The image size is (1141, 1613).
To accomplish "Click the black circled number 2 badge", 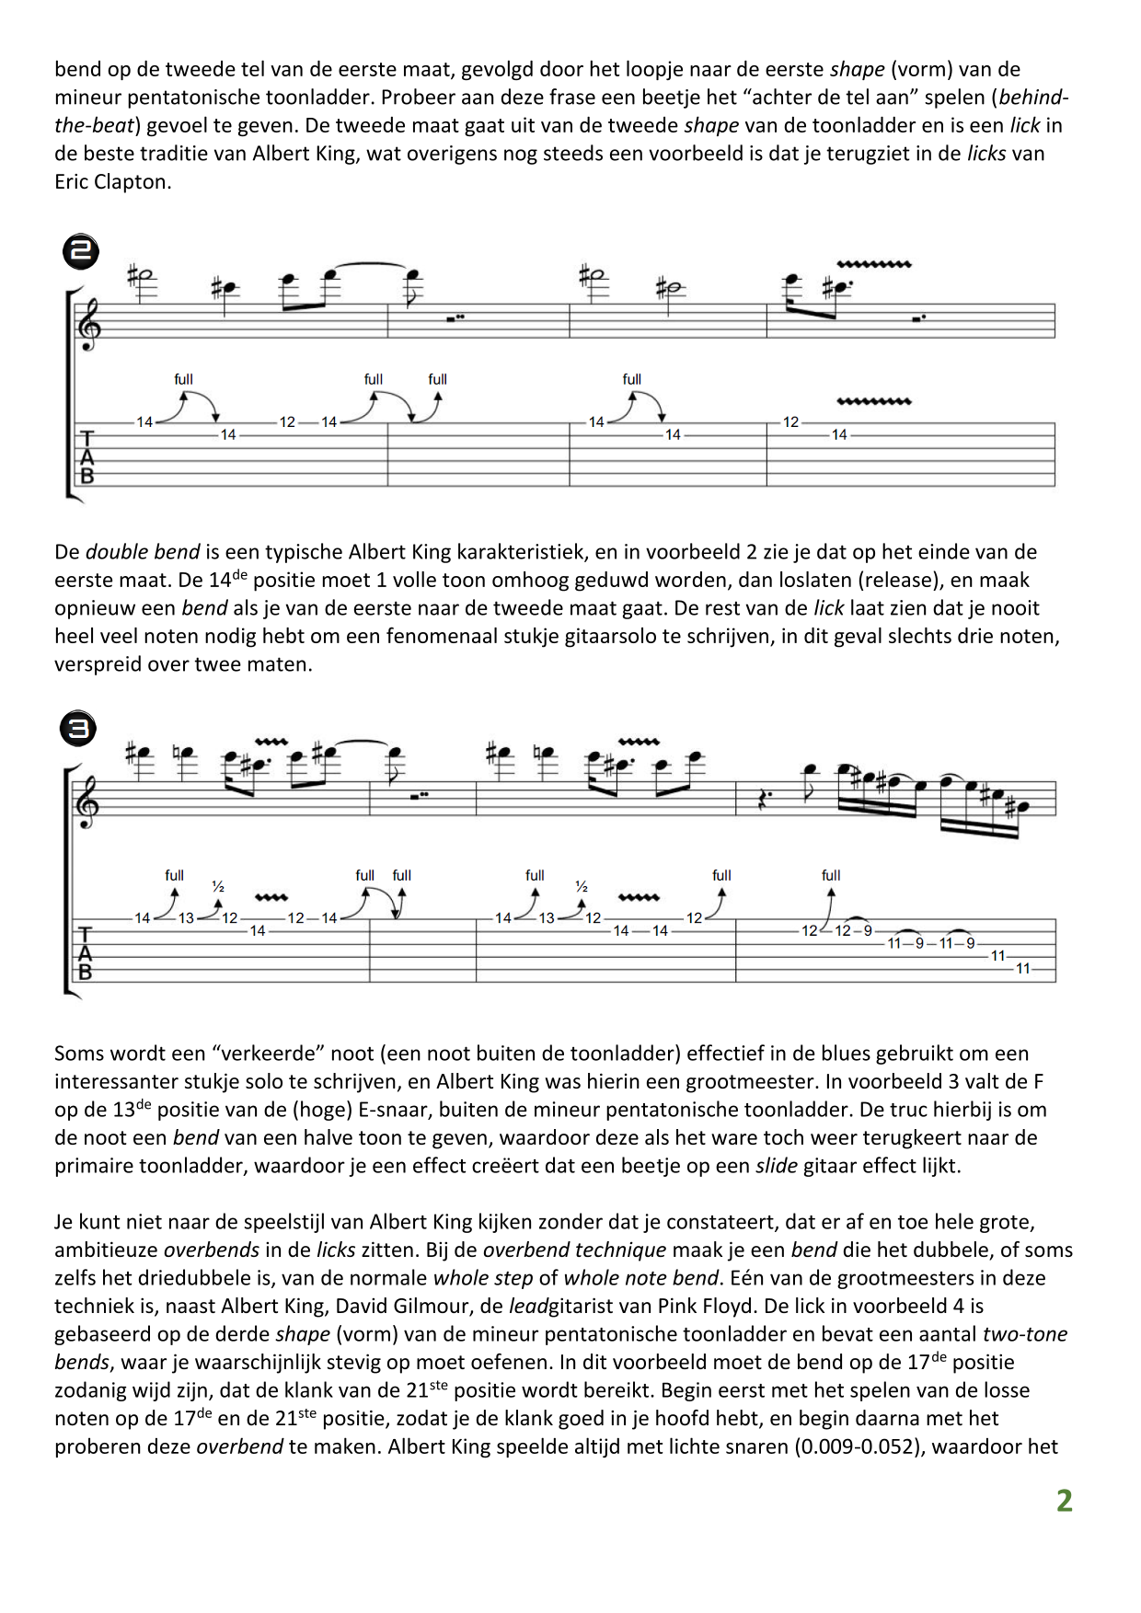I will point(81,251).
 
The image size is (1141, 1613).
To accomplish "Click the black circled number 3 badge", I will point(78,730).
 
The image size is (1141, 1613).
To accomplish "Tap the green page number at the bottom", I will point(1064,1501).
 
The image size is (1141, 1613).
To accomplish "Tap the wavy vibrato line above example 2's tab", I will point(873,402).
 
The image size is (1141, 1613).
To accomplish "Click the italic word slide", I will point(777,1166).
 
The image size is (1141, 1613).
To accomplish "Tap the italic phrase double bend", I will point(143,552).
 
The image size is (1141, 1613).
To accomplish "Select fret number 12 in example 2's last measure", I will point(791,422).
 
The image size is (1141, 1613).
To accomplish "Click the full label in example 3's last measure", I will point(831,875).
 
